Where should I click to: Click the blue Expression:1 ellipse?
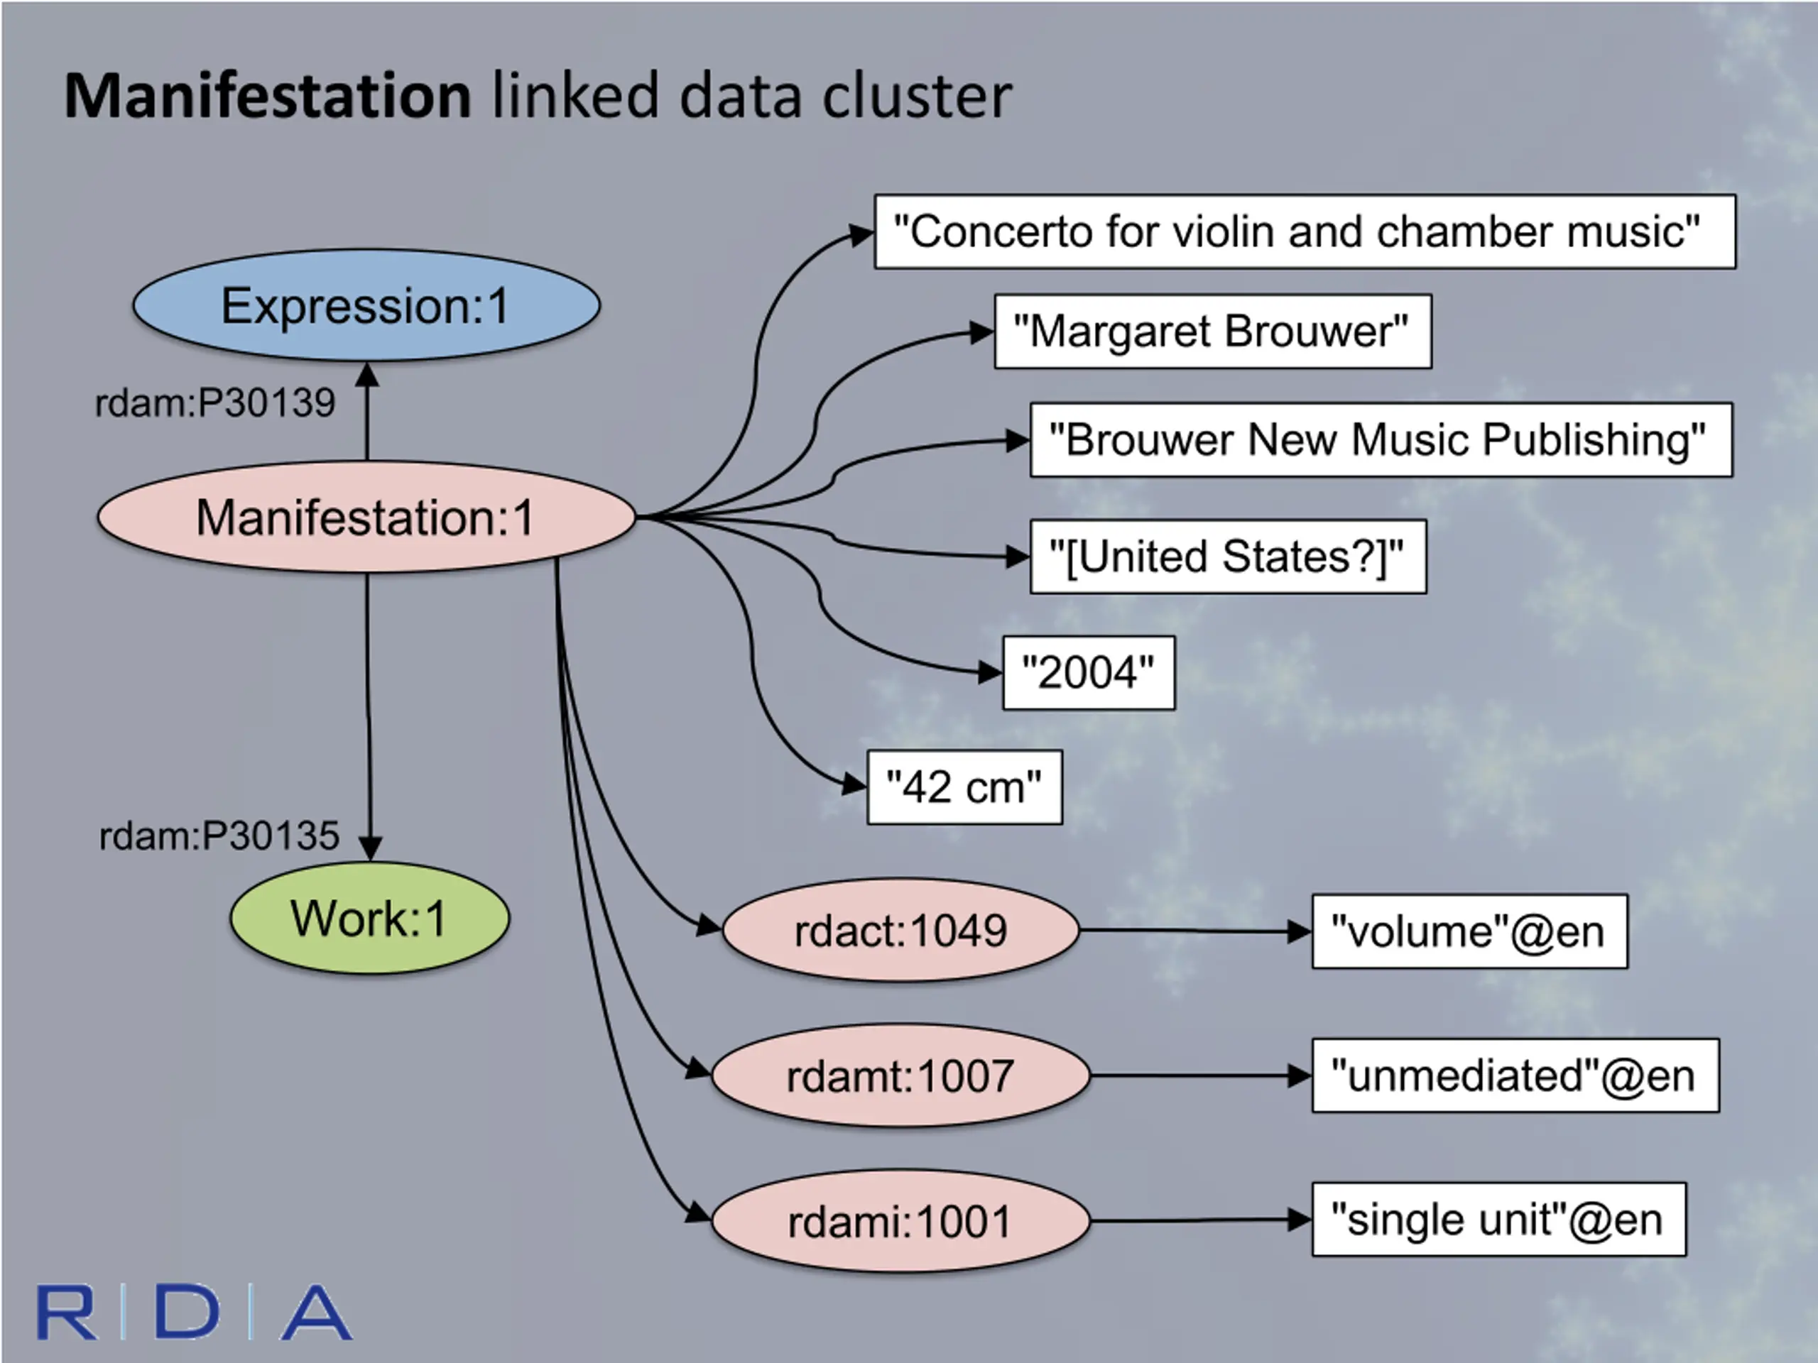pos(366,306)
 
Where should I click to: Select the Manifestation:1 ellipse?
pos(366,518)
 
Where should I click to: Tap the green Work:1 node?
pos(369,918)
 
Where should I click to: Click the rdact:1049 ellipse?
pos(900,931)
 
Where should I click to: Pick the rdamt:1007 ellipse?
pos(900,1075)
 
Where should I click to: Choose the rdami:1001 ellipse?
pos(900,1221)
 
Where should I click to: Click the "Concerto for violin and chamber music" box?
pos(1305,231)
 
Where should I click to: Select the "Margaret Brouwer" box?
pos(1212,331)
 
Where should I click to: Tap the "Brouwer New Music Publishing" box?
pos(1381,439)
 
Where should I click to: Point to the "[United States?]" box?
pos(1228,557)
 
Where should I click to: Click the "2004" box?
pos(1088,673)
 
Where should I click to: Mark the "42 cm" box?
pos(964,787)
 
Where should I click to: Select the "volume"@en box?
pos(1469,931)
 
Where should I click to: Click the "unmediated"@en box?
pos(1515,1075)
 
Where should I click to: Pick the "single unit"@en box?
pos(1498,1220)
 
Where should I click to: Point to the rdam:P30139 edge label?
pos(215,403)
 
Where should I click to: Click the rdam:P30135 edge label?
pos(219,836)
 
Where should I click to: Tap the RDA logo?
pos(195,1312)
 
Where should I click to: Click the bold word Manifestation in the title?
pos(268,96)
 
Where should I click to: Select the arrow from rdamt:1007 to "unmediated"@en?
pos(1200,1075)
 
